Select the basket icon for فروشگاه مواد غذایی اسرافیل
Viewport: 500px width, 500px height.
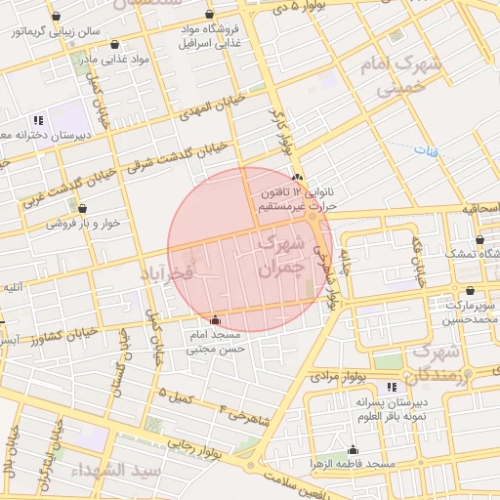[210, 15]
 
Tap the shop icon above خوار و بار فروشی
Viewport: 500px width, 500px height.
[81, 208]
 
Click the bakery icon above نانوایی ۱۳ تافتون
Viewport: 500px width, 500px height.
[298, 177]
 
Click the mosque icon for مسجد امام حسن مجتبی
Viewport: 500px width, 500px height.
[215, 319]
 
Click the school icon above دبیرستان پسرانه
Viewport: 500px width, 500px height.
[393, 388]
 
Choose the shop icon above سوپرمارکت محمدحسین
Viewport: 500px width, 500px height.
[471, 290]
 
